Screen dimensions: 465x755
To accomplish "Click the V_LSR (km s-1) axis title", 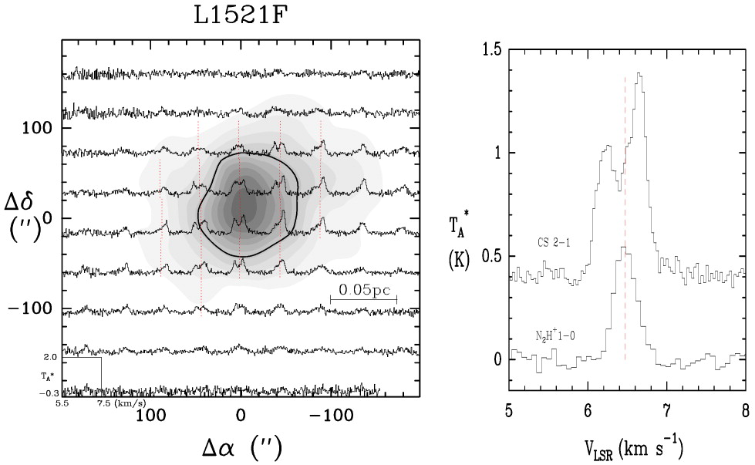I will tap(626, 446).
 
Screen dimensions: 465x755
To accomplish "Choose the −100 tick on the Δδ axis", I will tap(40, 308).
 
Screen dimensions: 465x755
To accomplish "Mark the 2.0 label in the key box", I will tap(50, 359).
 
